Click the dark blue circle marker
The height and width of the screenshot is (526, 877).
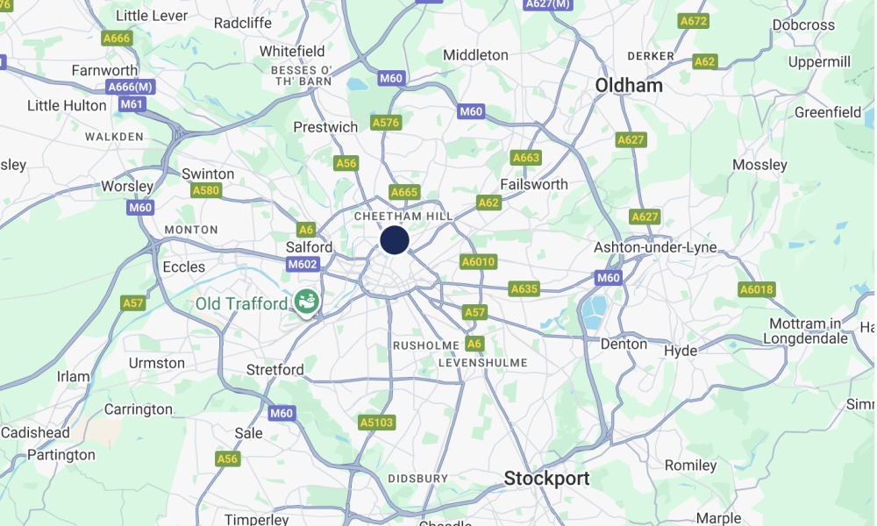coord(395,239)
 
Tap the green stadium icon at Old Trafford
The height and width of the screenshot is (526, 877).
coord(307,302)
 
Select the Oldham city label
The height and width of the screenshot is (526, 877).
coord(629,86)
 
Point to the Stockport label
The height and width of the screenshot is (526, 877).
coord(546,479)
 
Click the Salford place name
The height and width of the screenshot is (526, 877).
coord(309,247)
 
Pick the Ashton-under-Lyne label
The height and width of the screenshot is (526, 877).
coord(655,247)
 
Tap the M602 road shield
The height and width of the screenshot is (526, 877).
coord(303,265)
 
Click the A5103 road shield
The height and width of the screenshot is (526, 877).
coord(377,423)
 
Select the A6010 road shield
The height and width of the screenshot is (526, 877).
coord(478,262)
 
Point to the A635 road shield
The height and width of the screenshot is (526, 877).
coord(524,288)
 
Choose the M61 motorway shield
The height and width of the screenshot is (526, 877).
coord(132,104)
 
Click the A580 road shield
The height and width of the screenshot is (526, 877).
coord(206,190)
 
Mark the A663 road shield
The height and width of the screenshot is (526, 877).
coord(526,158)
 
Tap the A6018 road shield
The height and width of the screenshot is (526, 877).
coord(756,290)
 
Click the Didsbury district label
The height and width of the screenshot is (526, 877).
coord(417,479)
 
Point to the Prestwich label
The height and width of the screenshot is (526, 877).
coord(325,127)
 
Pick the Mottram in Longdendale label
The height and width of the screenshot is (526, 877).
coord(806,331)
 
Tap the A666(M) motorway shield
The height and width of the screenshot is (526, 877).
coord(131,87)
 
